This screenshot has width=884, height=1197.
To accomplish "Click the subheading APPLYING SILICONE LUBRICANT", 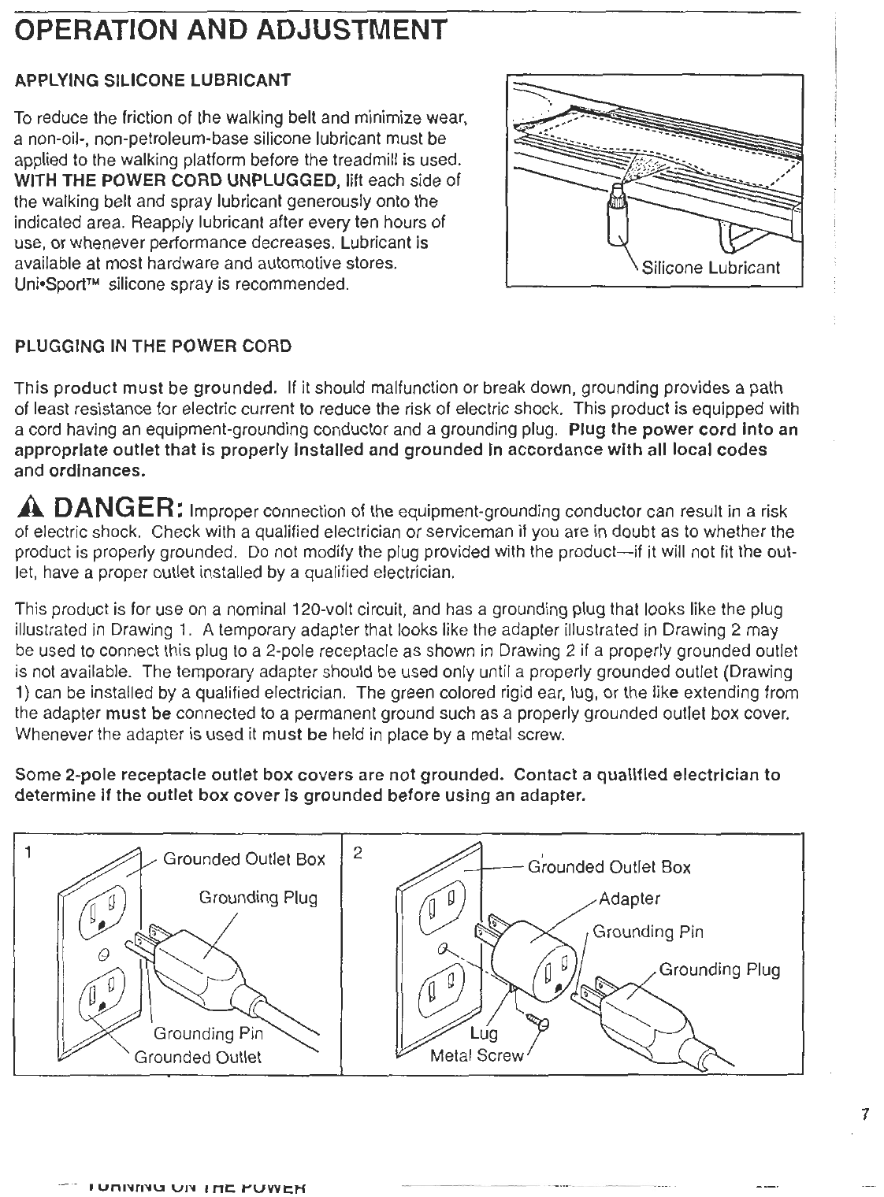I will click(x=154, y=80).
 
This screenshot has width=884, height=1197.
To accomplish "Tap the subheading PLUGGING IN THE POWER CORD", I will click(x=154, y=346).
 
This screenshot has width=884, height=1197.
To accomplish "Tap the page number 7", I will click(x=864, y=1114).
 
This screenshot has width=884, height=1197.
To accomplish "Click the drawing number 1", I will click(x=28, y=853).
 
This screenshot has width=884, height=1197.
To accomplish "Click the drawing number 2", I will click(x=358, y=853).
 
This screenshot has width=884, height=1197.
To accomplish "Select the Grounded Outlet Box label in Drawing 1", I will click(x=243, y=859).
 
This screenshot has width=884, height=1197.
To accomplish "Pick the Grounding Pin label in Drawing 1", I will click(x=207, y=1033).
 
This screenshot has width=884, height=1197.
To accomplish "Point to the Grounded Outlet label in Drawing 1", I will click(x=198, y=1057).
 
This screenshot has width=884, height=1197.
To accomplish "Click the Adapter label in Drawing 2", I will click(x=629, y=899).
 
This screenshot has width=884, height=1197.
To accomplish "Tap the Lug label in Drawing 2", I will click(x=483, y=1033).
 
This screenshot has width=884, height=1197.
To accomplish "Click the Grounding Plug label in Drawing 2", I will click(x=719, y=969).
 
